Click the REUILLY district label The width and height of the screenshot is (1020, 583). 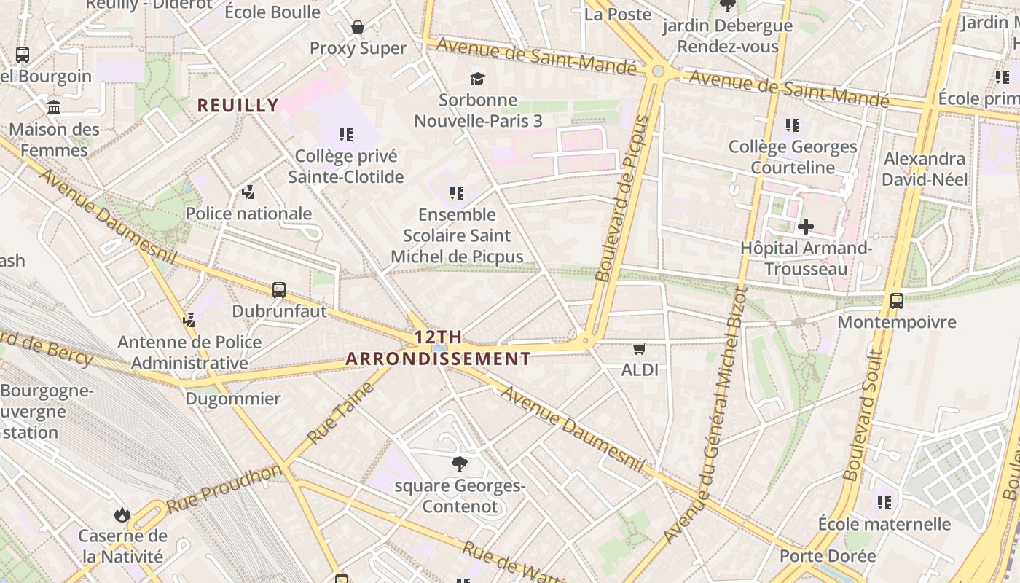(238, 106)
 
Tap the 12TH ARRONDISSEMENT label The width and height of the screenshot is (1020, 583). (438, 348)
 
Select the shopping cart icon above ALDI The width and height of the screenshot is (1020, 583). (640, 348)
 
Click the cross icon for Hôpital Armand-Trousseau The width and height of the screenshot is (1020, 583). (805, 227)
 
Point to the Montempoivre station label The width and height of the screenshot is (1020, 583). (897, 322)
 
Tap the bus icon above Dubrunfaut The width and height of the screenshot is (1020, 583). (278, 290)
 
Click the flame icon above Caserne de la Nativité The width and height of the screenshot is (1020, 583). (122, 515)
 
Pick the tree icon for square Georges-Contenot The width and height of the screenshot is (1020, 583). (459, 463)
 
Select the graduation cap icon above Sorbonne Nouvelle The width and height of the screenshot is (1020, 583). (477, 79)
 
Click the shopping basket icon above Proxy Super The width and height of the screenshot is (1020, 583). (358, 27)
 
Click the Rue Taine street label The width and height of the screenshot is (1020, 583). (341, 413)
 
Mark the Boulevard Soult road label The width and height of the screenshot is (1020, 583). (864, 415)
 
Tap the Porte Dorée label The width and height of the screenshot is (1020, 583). (828, 556)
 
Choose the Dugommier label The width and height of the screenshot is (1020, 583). (232, 399)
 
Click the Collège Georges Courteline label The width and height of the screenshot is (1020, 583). (793, 157)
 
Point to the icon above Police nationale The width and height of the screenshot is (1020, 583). (248, 192)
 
